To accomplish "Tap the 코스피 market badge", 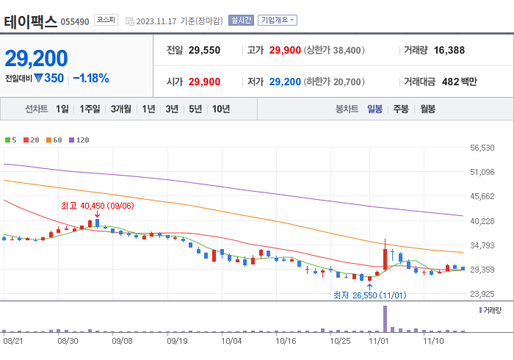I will coord(106,20).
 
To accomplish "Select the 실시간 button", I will coord(240,20).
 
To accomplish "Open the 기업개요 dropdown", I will coord(278,20).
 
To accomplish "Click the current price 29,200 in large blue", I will coord(36,58).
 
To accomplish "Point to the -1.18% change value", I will coord(91,78).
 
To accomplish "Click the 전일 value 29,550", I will coord(204,51).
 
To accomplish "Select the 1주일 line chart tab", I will coord(90,109).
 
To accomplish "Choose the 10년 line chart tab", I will coord(220,109).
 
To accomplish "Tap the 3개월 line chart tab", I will coord(121,109).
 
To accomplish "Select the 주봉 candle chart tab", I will coord(400,109).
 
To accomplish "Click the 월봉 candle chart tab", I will coord(427,109).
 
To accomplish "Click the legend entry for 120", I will coord(79,140).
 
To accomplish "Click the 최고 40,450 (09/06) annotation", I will coord(97,205).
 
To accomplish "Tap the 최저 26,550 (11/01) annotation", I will coord(369,295).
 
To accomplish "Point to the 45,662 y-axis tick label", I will coord(482,196).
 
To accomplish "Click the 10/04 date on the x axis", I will coord(231,341).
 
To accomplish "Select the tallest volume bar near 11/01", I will coord(385,318).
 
